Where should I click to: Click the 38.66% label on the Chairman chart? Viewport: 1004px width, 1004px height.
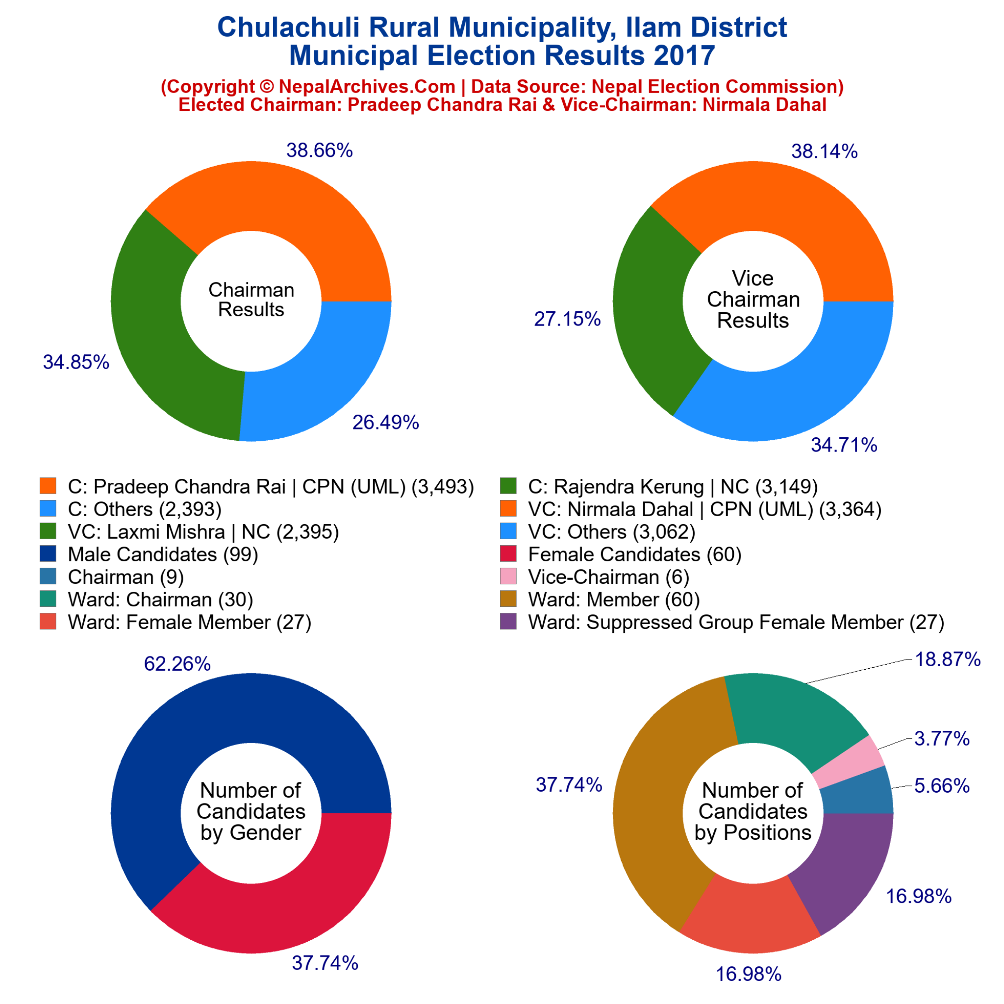(320, 151)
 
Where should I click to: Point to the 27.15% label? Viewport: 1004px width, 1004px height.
(567, 319)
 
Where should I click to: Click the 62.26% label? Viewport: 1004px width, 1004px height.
(177, 664)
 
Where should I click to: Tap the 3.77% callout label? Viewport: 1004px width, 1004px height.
(942, 738)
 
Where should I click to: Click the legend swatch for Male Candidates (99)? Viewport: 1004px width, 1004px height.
(48, 554)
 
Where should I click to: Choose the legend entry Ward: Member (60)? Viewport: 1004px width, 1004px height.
(614, 600)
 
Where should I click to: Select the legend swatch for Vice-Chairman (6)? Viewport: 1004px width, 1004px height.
(508, 577)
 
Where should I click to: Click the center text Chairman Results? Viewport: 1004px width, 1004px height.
(251, 300)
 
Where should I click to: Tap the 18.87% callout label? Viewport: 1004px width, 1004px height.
(947, 659)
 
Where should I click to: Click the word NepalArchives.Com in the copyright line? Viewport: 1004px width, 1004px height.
(367, 86)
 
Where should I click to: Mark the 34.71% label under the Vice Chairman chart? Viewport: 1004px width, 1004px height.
(844, 445)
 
